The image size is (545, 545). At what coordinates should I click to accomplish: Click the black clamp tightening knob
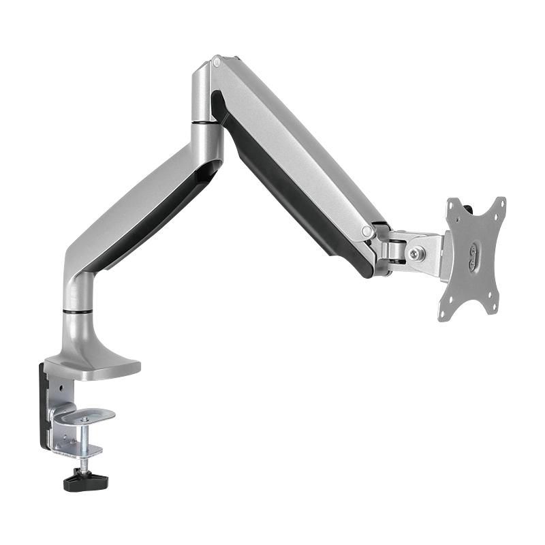(86, 481)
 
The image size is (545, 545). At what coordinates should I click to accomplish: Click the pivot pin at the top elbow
(217, 63)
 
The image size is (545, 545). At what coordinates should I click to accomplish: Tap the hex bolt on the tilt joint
(415, 253)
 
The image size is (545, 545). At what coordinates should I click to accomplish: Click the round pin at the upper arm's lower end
(368, 232)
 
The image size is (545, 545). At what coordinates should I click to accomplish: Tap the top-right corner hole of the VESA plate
(502, 202)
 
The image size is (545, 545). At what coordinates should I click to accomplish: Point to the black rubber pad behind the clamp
(44, 409)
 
